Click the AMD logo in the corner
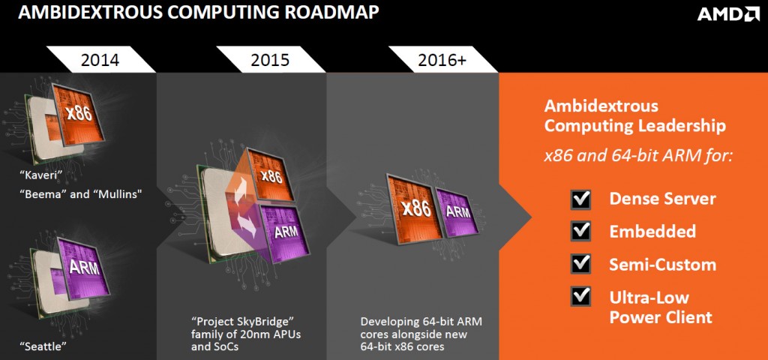pyautogui.click(x=728, y=14)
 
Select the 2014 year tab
pyautogui.click(x=100, y=60)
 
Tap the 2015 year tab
pyautogui.click(x=270, y=60)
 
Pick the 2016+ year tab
pyautogui.click(x=442, y=60)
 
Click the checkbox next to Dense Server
pyautogui.click(x=580, y=199)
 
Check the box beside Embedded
pyautogui.click(x=580, y=231)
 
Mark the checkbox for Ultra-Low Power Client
pyautogui.click(x=580, y=296)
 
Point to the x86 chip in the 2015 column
pyautogui.click(x=270, y=175)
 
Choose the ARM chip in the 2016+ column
pyautogui.click(x=458, y=211)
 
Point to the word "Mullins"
pyautogui.click(x=115, y=193)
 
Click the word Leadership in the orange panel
pyautogui.click(x=682, y=125)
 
